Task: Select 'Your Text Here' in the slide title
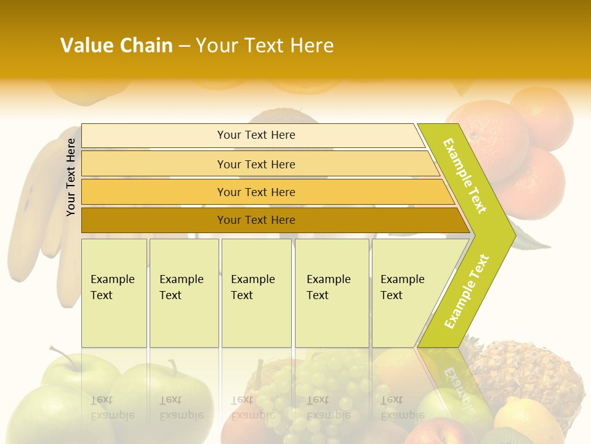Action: coord(265,46)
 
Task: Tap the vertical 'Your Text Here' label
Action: coord(71,177)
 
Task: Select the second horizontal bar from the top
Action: coord(255,164)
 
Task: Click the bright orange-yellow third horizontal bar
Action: coord(255,192)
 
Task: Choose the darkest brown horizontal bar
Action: coord(255,220)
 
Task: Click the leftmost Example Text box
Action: coord(114,293)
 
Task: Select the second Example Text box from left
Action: coord(183,293)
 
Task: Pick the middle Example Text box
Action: coord(255,293)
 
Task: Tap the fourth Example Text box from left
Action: coord(331,293)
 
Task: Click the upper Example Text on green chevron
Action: coord(465,176)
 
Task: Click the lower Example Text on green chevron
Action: coord(467,292)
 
